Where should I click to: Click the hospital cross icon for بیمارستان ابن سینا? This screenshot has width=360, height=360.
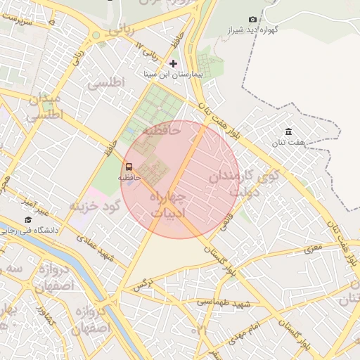pyautogui.click(x=174, y=64)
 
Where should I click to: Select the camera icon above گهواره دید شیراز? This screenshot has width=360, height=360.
pyautogui.click(x=253, y=19)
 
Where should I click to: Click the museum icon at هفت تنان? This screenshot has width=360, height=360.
pyautogui.click(x=289, y=132)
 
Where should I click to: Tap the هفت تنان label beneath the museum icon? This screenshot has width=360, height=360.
pyautogui.click(x=290, y=143)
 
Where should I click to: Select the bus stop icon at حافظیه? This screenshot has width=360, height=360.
pyautogui.click(x=129, y=167)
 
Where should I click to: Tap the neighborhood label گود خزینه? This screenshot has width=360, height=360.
pyautogui.click(x=95, y=205)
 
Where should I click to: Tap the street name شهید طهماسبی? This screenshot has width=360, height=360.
pyautogui.click(x=224, y=302)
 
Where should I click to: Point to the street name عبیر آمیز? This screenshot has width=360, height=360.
pyautogui.click(x=34, y=207)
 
